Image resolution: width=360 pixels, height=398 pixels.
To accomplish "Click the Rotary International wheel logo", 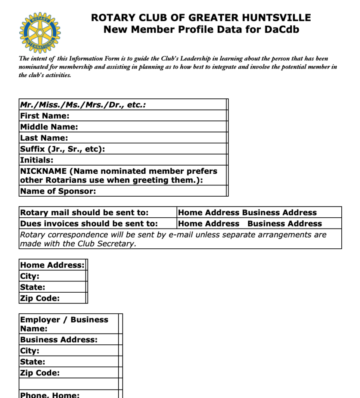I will tap(40, 32).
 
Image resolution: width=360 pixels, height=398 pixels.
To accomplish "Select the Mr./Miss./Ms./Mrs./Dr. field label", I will tap(83, 105).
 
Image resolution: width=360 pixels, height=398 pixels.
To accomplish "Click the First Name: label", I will tap(45, 116).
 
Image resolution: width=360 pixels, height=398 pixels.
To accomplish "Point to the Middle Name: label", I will tap(49, 127).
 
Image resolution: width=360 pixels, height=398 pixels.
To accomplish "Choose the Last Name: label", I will tap(44, 138).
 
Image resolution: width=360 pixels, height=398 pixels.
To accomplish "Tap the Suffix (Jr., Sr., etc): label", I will tap(63, 149).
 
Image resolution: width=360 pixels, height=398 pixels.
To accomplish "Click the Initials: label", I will tap(37, 160).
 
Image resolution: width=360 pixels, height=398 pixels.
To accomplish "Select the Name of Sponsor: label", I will tap(58, 191).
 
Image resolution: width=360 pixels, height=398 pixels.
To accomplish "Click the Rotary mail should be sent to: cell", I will tap(84, 213).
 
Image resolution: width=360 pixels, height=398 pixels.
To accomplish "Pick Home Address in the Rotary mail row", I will tap(208, 213).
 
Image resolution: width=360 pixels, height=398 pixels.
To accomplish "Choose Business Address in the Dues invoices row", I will tap(285, 224).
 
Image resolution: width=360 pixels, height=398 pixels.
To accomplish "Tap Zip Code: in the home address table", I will tap(40, 298).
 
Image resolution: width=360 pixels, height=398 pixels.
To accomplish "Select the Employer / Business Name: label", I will tap(64, 324).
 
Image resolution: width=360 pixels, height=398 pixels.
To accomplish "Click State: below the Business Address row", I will tap(33, 362).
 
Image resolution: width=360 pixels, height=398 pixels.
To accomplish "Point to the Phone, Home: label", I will tap(50, 395).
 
